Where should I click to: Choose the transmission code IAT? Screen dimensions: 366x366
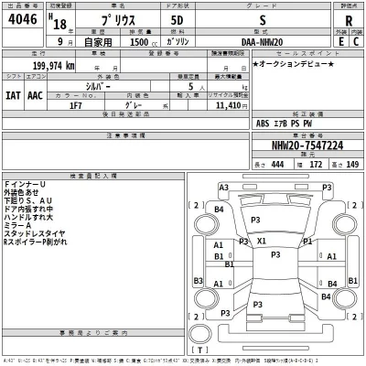click(13, 94)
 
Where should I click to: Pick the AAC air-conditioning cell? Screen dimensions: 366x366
click(34, 94)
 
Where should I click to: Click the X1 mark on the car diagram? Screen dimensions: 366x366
click(263, 241)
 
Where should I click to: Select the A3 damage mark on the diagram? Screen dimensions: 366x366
click(222, 187)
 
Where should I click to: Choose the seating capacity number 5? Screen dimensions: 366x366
click(214, 86)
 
